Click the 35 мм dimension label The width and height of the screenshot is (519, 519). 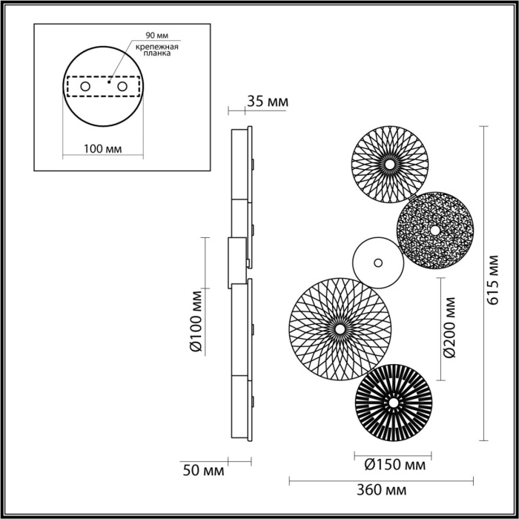coord(268,102)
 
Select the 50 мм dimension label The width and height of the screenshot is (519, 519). coord(202,469)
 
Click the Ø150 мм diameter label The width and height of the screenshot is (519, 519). coord(395,465)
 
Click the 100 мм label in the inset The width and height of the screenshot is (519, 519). coord(103,148)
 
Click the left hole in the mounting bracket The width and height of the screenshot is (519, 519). coord(85,87)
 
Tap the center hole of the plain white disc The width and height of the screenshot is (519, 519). coord(378,262)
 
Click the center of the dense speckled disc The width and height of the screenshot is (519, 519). coord(434,230)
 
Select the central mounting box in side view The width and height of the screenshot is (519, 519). coord(236,263)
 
